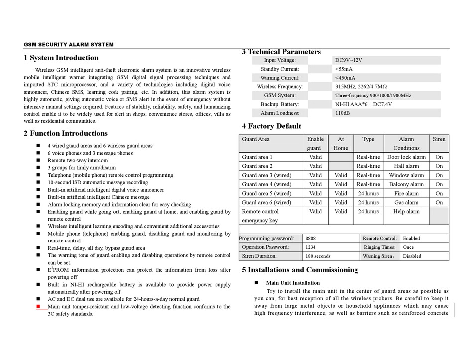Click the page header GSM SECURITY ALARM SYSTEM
pos(68,45)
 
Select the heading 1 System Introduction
pos(61,58)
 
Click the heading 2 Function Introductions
pos(66,133)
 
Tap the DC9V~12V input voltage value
pos(349,60)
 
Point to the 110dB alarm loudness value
pos(343,113)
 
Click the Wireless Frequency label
pos(279,87)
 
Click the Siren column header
pos(439,139)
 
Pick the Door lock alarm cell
pos(406,157)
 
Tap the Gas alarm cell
pos(406,202)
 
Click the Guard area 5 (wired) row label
pos(266,193)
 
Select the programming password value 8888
pos(310,239)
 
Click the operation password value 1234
pos(310,247)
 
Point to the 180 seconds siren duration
pos(318,256)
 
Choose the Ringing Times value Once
pos(408,247)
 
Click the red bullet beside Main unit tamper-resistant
pos(39,307)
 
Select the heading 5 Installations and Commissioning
pos(300,270)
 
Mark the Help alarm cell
pos(406,211)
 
